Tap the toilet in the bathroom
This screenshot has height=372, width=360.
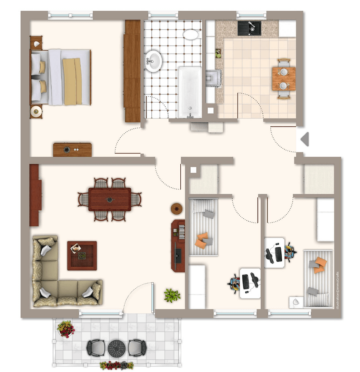191,34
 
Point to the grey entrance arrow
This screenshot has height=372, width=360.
304,139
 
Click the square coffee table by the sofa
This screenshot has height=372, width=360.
82,256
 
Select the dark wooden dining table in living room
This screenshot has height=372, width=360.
110,199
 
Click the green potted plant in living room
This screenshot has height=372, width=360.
172,295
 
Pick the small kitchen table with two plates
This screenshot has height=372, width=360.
283,79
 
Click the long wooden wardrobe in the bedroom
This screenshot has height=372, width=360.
132,71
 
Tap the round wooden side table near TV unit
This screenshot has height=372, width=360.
177,208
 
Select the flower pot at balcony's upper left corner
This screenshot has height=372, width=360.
65,328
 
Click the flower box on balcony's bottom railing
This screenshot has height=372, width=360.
117,365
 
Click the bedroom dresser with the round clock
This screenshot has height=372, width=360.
72,149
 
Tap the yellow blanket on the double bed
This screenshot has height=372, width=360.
73,81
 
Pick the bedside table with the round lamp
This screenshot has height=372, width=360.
36,112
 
